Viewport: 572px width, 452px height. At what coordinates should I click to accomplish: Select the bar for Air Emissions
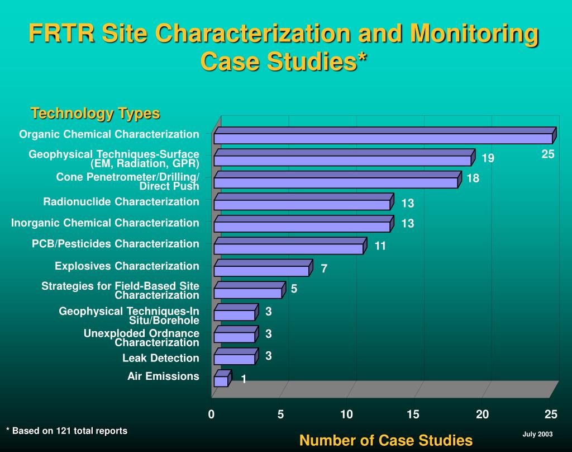[221, 381]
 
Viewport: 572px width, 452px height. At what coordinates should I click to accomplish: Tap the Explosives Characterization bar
[261, 271]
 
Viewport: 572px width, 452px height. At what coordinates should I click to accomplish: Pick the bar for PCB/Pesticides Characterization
[288, 248]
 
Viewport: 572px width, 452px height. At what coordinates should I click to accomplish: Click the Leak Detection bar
[235, 359]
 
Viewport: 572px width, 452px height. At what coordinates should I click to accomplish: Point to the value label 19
[488, 158]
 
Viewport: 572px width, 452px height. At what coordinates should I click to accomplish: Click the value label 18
[473, 178]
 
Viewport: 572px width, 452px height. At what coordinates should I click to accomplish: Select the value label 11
[380, 246]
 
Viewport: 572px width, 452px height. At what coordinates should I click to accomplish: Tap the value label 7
[324, 269]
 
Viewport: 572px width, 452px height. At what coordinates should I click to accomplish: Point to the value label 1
[244, 379]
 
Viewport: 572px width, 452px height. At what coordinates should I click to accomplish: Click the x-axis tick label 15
[413, 414]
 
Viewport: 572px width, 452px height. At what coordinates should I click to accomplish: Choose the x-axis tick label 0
[212, 414]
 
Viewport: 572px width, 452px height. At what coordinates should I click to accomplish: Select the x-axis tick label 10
[346, 414]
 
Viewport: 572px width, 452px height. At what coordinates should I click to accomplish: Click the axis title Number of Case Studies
[385, 440]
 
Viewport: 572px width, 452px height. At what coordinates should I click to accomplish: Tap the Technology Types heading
[96, 113]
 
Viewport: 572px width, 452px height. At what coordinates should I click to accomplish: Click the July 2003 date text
[537, 434]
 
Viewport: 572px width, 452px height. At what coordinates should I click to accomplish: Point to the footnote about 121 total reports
[66, 431]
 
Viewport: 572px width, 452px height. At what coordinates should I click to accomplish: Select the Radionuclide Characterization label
[121, 201]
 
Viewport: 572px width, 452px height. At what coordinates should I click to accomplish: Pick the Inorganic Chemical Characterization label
[105, 223]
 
